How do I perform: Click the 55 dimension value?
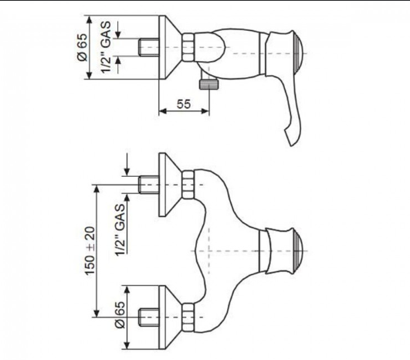tap(184, 104)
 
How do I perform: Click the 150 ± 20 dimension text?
tap(90, 250)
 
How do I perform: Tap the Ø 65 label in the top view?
tap(83, 47)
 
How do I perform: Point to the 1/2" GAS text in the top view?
tap(106, 47)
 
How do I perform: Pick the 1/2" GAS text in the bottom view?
tap(120, 230)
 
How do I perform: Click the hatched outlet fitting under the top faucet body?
tap(209, 84)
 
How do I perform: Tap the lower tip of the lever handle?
tap(290, 145)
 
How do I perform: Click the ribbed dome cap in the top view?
tap(300, 53)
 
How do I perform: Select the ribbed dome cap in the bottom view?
tap(300, 251)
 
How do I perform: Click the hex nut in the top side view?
tap(188, 47)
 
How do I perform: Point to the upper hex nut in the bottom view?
tap(188, 185)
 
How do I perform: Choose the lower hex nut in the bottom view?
tap(188, 318)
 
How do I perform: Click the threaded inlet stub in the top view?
tap(148, 47)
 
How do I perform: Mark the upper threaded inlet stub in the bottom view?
tap(148, 185)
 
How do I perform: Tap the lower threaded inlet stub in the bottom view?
tap(148, 318)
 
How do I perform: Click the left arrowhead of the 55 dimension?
tap(163, 111)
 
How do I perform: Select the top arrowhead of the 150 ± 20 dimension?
tap(97, 188)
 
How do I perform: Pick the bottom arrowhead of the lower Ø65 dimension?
tap(127, 345)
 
